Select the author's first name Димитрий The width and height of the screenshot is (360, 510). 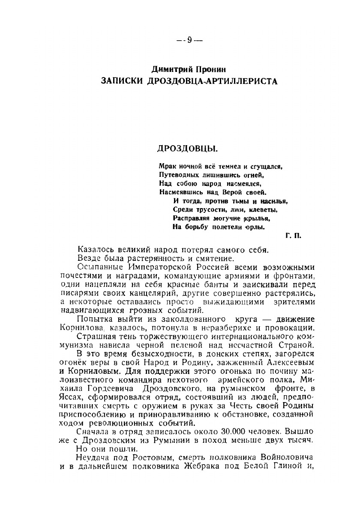[171, 69]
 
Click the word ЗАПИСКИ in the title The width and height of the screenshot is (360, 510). [121, 81]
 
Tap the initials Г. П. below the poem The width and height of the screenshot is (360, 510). [293, 235]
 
